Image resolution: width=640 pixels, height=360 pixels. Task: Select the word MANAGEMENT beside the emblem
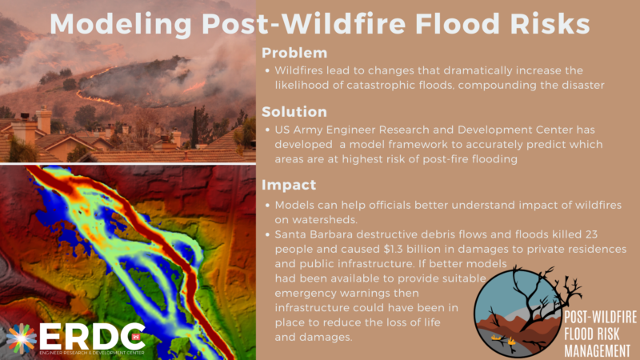pyautogui.click(x=594, y=349)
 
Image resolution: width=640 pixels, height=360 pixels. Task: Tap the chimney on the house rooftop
pyautogui.click(x=42, y=120)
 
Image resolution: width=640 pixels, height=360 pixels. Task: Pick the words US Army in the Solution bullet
pyautogui.click(x=299, y=130)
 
